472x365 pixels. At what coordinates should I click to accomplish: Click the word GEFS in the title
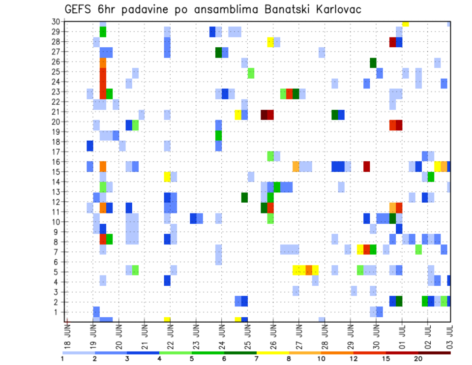coord(80,9)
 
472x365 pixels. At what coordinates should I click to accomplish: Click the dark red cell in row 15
coord(367,167)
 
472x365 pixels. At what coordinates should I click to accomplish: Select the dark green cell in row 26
coord(373,62)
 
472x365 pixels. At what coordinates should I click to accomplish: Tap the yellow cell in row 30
coord(405,24)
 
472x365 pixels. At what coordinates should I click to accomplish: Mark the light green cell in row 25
coord(251,73)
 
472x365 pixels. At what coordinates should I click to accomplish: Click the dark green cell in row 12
coord(244,197)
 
